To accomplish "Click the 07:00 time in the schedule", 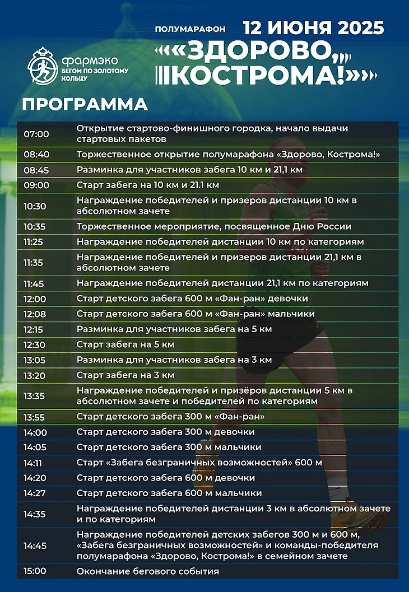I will [x=36, y=134].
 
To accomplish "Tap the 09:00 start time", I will [x=36, y=185].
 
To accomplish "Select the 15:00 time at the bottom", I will [x=36, y=571].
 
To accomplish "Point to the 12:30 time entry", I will [x=36, y=344].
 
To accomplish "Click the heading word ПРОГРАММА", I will [x=85, y=104].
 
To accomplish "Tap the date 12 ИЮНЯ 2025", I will [x=313, y=27].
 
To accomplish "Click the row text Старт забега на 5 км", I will [x=126, y=344].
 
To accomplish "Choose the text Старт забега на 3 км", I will [x=126, y=375].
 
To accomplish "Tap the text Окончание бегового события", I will [x=147, y=571].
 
